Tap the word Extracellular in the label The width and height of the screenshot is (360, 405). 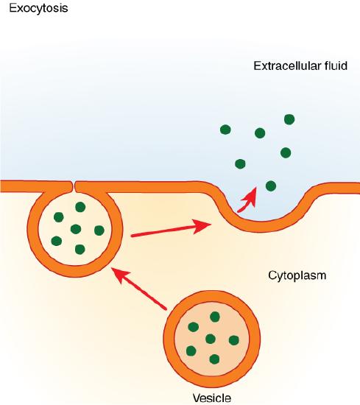click(281, 66)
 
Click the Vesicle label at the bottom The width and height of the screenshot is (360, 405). click(211, 398)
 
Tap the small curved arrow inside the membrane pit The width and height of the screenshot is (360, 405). click(249, 197)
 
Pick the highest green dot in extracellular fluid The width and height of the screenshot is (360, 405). click(289, 119)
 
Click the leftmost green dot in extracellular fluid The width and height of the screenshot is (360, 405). click(225, 130)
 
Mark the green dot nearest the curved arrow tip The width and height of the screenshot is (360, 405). click(270, 186)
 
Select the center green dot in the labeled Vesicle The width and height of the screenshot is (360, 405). click(211, 339)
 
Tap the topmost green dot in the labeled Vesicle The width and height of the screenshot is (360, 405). click(215, 317)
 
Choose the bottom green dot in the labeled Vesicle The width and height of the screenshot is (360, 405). click(215, 359)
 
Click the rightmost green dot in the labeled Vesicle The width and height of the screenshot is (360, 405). click(234, 339)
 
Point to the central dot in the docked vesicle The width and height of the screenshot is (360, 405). click(75, 229)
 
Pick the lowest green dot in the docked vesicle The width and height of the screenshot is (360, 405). click(80, 250)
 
